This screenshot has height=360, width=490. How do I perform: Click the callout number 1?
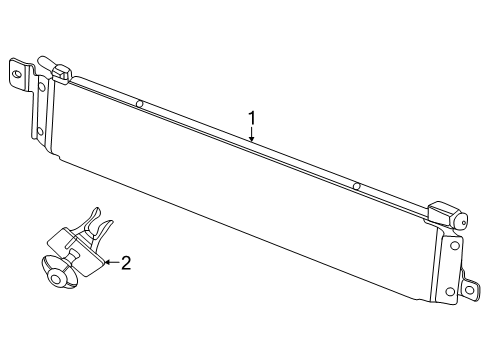pyautogui.click(x=252, y=117)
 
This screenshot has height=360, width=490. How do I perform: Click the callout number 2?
pyautogui.click(x=126, y=263)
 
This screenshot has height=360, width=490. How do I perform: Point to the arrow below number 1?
pyautogui.click(x=252, y=140)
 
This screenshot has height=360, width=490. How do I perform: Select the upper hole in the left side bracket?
pyautogui.click(x=41, y=85)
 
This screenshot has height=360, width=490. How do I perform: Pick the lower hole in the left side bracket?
pyautogui.click(x=39, y=131)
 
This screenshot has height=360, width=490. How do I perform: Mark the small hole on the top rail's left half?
pyautogui.click(x=140, y=104)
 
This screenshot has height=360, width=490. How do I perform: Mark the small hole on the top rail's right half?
pyautogui.click(x=355, y=185)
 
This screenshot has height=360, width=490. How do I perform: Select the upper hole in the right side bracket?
pyautogui.click(x=455, y=244)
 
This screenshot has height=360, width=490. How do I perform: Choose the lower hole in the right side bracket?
pyautogui.click(x=449, y=291)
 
